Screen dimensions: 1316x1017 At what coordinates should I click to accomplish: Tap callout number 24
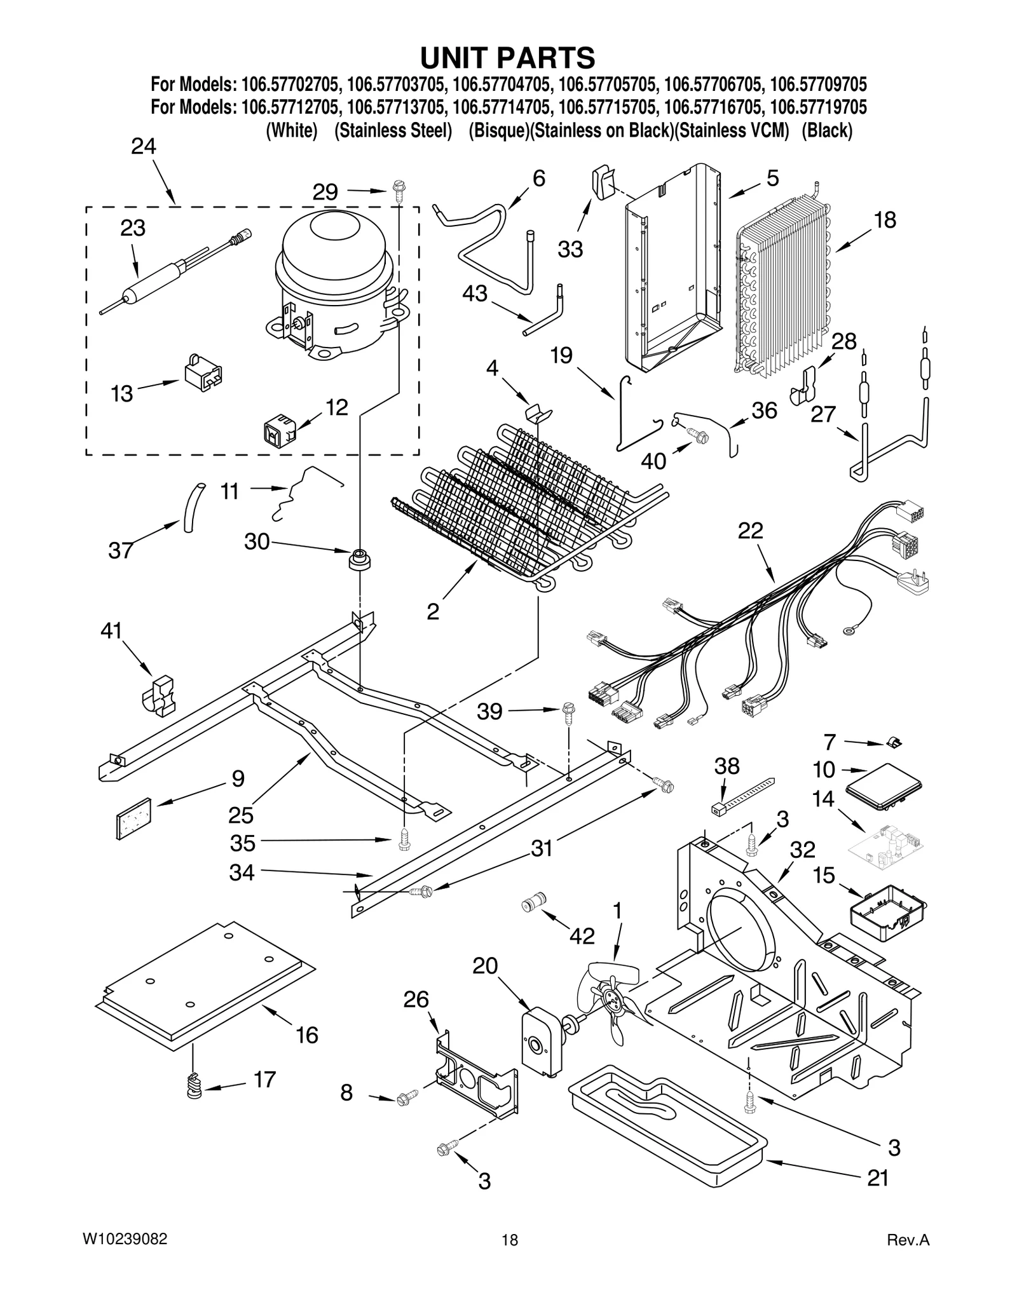point(144,147)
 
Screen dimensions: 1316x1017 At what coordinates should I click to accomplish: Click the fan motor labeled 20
point(540,1043)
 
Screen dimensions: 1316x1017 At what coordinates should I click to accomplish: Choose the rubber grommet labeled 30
point(360,559)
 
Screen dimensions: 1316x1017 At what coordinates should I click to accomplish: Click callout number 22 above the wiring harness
point(750,531)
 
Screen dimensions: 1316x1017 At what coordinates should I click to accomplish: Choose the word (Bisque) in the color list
point(499,130)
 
